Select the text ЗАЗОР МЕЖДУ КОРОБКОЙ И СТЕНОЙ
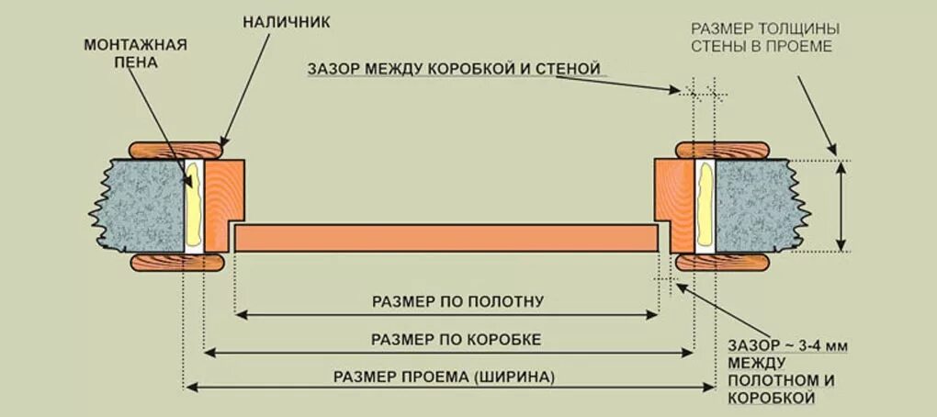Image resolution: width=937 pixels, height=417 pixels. tap(456, 69)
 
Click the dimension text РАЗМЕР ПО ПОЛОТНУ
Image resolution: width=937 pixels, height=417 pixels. tap(446, 299)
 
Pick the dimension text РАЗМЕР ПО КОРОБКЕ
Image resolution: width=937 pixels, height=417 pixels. tap(447, 339)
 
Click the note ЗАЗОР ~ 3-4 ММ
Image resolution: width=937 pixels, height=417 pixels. tap(786, 345)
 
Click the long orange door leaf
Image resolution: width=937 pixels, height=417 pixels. tap(446, 238)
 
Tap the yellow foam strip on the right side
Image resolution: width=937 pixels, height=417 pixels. tap(705, 204)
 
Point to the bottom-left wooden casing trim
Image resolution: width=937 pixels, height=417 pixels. tap(178, 263)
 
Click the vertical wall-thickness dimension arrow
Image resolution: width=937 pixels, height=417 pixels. tap(842, 205)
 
